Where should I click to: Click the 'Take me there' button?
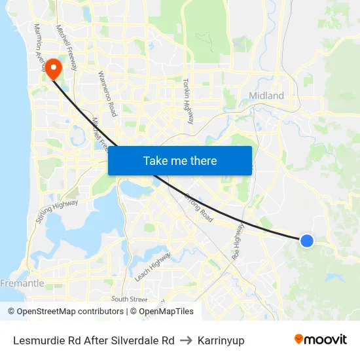(x=180, y=160)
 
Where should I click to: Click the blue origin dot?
(x=306, y=241)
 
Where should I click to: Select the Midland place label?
(x=266, y=96)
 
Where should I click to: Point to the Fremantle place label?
(x=23, y=283)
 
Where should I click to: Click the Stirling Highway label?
(x=57, y=211)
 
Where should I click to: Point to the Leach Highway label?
(x=153, y=266)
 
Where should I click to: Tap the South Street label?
(x=129, y=299)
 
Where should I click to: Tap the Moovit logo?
(x=320, y=339)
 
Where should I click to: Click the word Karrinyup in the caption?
(x=221, y=340)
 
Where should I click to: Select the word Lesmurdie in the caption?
(x=39, y=340)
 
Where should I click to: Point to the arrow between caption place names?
(x=186, y=340)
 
